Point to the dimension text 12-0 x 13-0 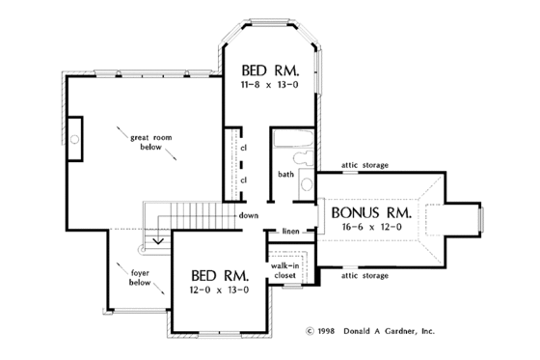214,289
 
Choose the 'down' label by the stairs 249,214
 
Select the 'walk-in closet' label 283,270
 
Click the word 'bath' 286,175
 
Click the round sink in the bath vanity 308,183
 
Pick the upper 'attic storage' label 364,165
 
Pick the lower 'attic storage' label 364,276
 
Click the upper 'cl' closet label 245,148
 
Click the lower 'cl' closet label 245,180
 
